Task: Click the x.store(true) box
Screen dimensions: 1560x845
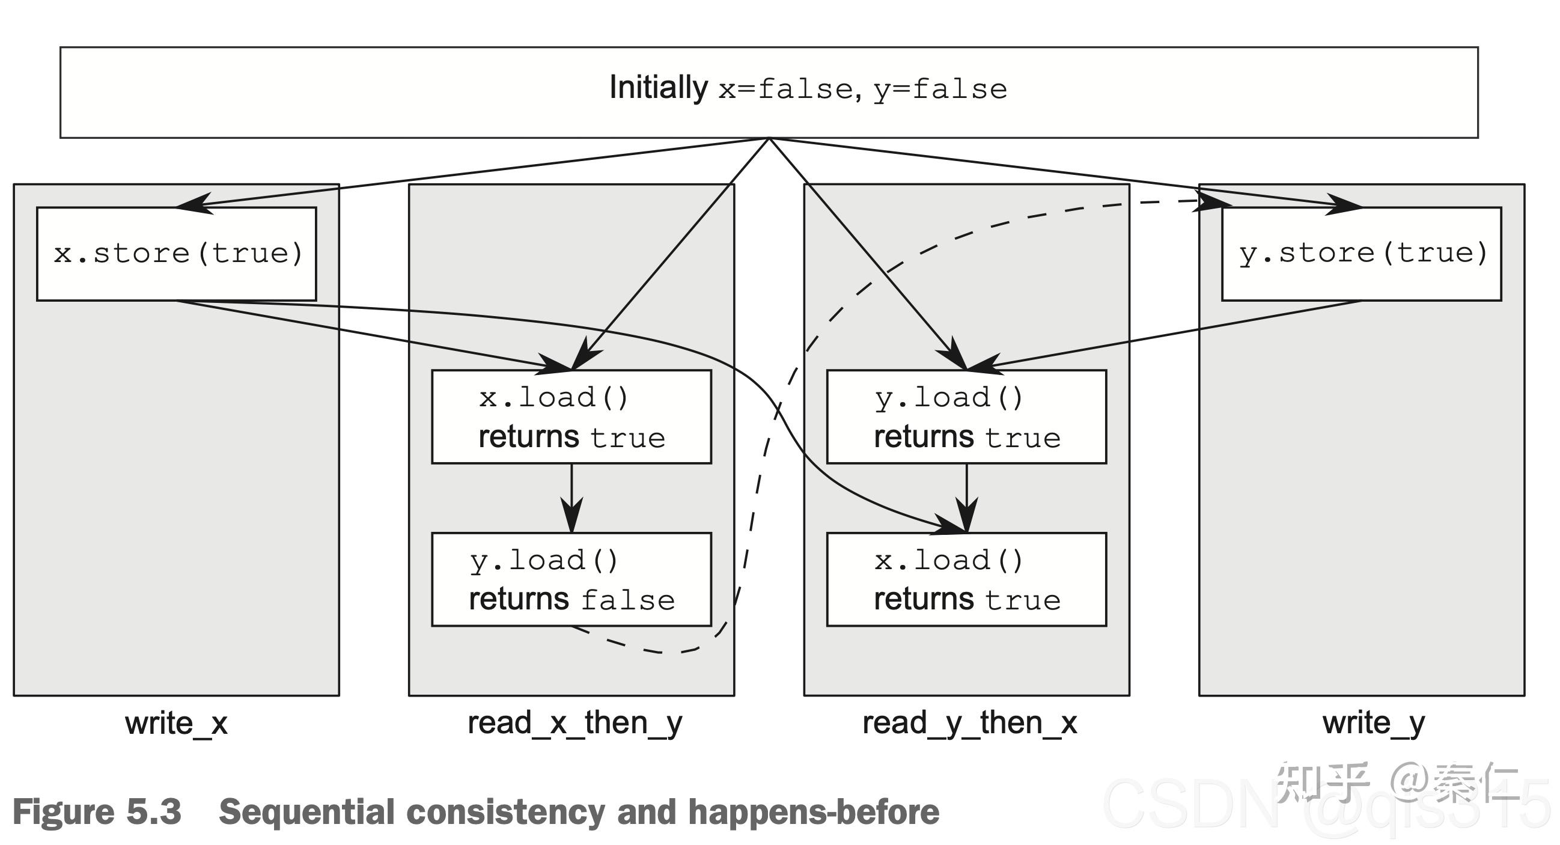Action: click(x=176, y=254)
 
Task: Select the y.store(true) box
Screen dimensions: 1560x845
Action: click(x=1360, y=254)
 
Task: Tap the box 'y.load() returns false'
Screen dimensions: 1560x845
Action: click(x=571, y=580)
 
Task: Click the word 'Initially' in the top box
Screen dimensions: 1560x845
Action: click(x=657, y=88)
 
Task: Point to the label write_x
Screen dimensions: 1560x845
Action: click(x=176, y=723)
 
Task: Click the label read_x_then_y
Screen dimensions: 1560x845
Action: click(x=574, y=723)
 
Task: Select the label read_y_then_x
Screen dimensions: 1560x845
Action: click(x=969, y=723)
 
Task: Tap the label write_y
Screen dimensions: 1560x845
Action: click(x=1373, y=723)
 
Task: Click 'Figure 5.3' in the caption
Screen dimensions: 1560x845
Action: click(x=97, y=812)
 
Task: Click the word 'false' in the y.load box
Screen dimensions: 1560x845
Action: click(x=628, y=600)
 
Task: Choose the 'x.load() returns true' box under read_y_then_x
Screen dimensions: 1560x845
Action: click(x=966, y=580)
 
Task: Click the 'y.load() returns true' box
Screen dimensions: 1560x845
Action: click(x=966, y=416)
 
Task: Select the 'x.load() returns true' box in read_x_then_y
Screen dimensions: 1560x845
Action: click(x=571, y=416)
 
